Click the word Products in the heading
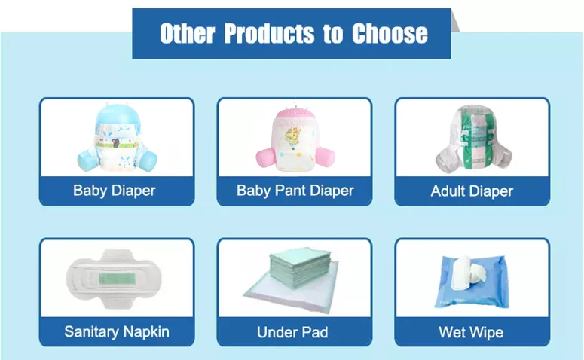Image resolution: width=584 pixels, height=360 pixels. [x=269, y=33]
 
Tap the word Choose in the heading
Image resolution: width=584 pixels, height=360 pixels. [x=390, y=33]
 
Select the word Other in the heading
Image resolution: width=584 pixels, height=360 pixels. [x=188, y=33]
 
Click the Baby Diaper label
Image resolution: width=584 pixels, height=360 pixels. [x=115, y=191]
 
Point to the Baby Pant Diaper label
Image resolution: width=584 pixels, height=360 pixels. [x=295, y=191]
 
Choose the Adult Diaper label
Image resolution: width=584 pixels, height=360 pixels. [x=472, y=191]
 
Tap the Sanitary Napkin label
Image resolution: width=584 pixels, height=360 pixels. [x=117, y=331]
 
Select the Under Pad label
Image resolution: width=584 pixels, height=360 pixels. [x=292, y=332]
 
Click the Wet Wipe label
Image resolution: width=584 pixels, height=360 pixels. [x=471, y=332]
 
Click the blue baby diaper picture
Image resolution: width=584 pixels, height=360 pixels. [x=118, y=138]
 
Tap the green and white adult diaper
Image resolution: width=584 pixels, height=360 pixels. [x=473, y=139]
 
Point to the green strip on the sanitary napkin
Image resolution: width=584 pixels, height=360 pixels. [x=117, y=278]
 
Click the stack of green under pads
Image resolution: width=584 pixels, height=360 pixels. [x=300, y=267]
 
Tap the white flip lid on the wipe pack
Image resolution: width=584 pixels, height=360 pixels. [x=460, y=273]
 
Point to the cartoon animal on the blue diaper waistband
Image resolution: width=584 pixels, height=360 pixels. [x=117, y=142]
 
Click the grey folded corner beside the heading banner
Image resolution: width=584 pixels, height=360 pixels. [x=455, y=21]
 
